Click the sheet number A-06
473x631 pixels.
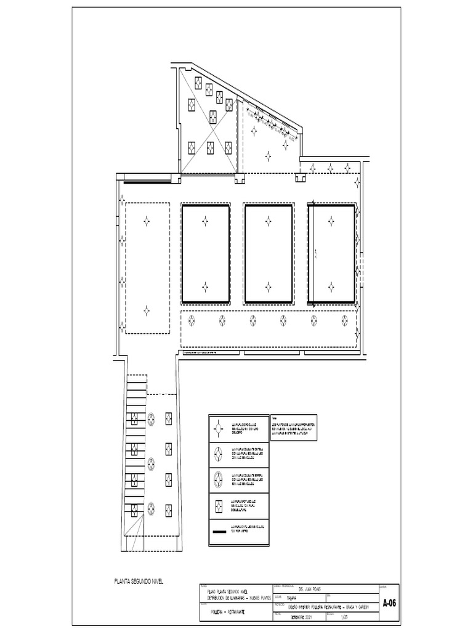tap(389, 603)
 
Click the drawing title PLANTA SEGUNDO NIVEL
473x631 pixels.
tap(139, 581)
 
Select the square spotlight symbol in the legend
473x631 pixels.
tap(218, 505)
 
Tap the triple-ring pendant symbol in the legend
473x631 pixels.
tap(218, 478)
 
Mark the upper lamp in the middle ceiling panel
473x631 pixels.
tap(268, 221)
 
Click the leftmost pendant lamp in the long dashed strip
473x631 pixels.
tap(192, 320)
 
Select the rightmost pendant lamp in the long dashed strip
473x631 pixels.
tap(344, 320)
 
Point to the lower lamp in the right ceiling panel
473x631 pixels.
tap(331, 287)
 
